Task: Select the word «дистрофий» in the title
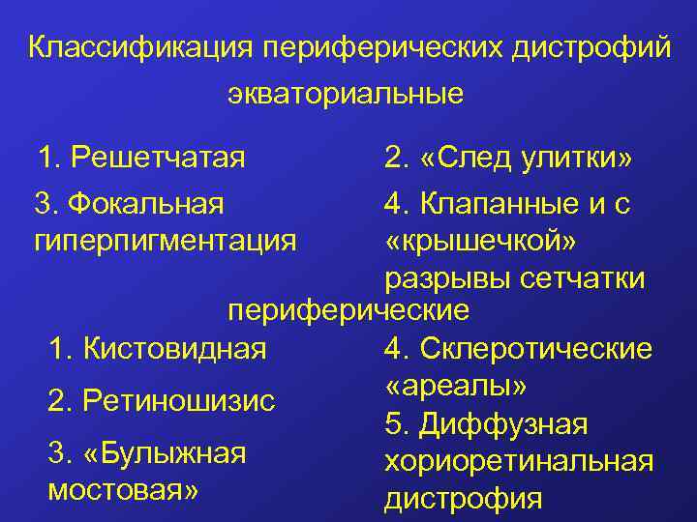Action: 594,47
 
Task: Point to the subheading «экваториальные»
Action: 346,95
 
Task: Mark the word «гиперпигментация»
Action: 165,240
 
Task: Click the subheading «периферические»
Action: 348,311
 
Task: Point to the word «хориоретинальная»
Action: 519,461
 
